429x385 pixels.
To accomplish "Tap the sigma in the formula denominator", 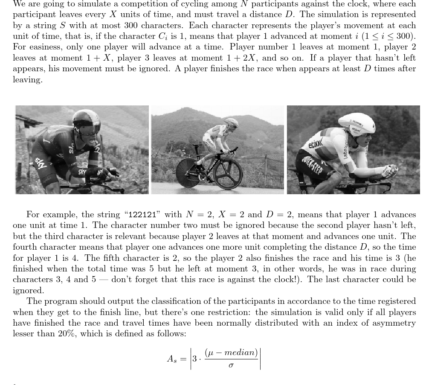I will (x=231, y=366).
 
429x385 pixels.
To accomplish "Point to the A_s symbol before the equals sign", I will (x=171, y=359).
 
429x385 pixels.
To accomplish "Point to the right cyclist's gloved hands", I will (x=389, y=171).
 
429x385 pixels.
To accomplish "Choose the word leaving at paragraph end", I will (x=28, y=80).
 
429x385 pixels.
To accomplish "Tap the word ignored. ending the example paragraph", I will (x=29, y=291).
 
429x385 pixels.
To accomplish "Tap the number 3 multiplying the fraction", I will (x=194, y=359).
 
